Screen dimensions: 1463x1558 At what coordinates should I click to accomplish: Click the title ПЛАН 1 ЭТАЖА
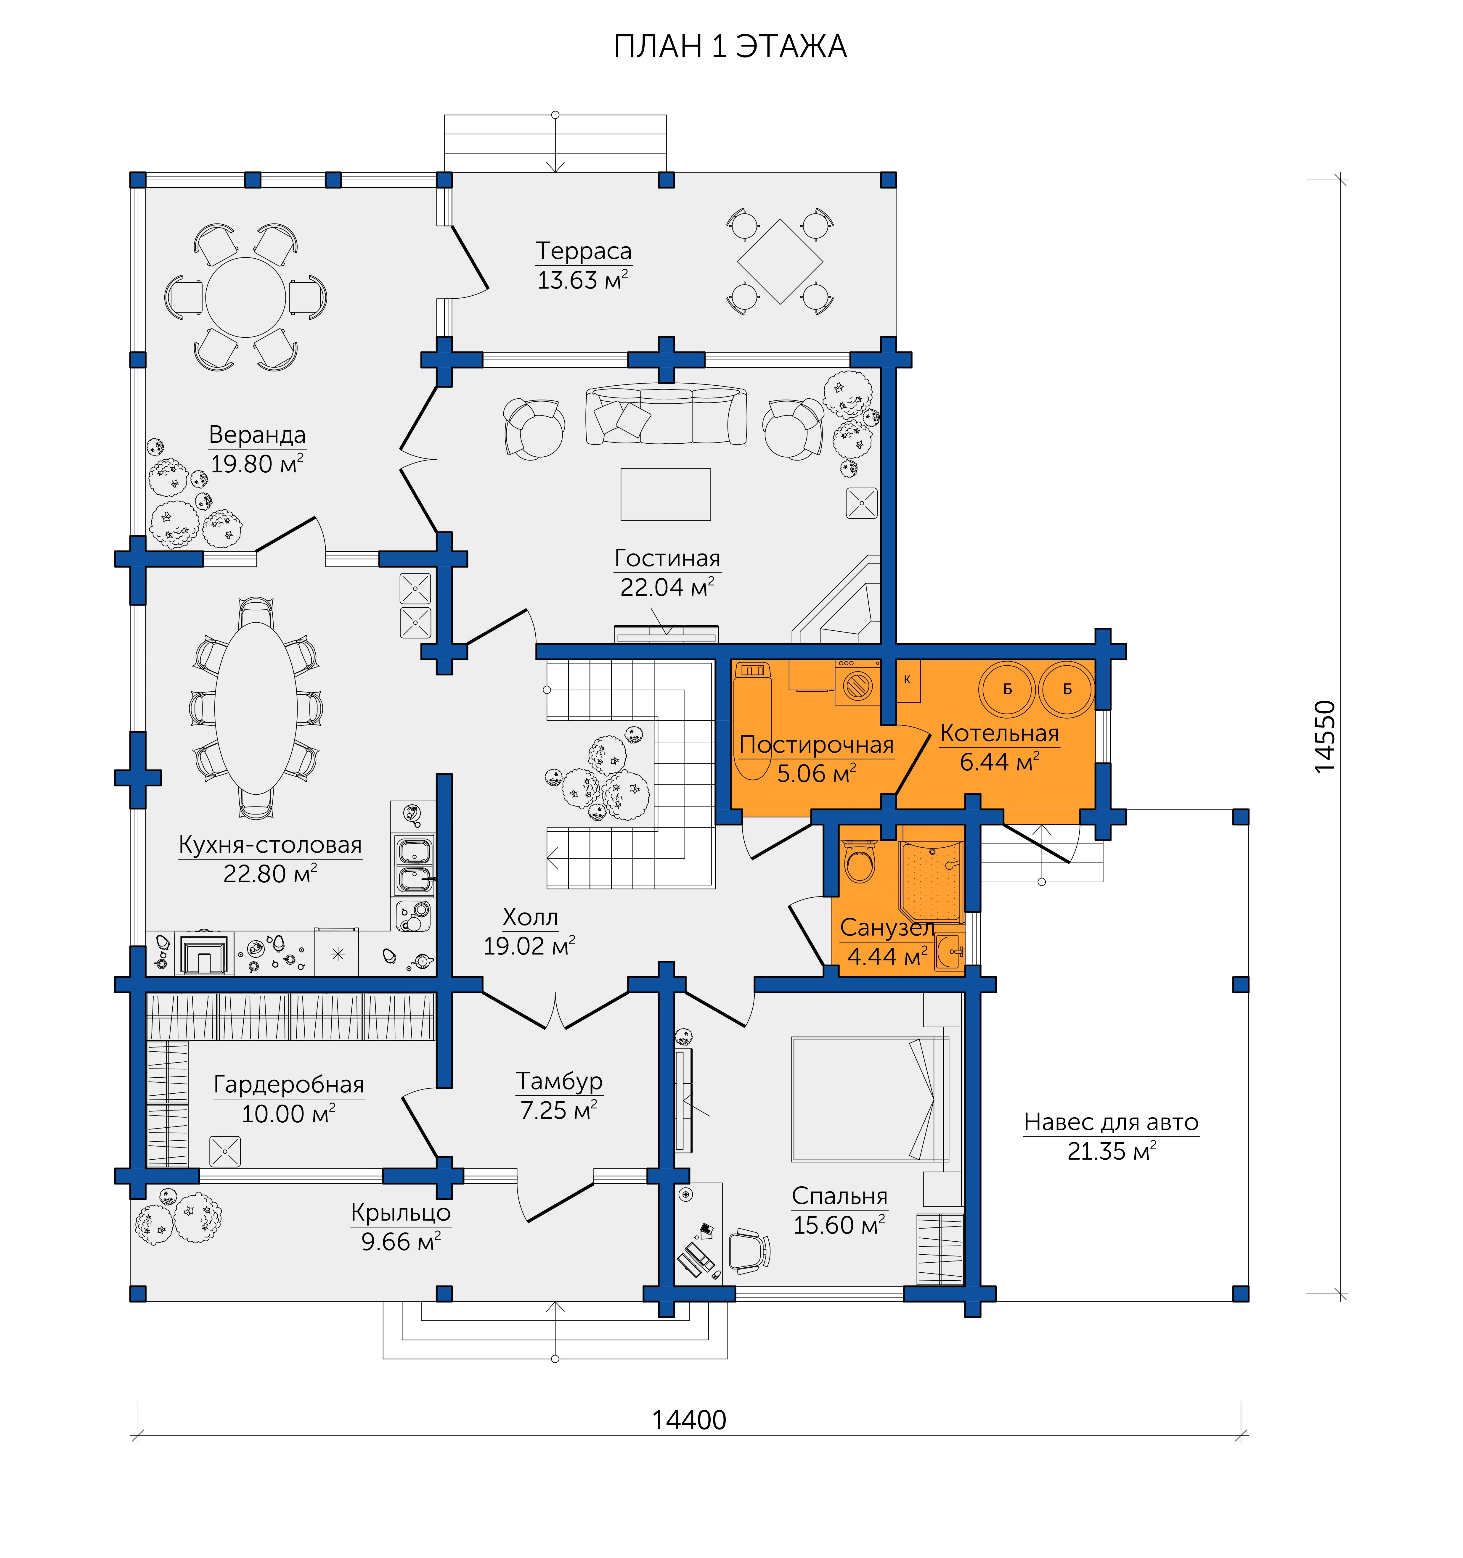[730, 47]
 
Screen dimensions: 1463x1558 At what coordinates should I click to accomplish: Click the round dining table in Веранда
[245, 298]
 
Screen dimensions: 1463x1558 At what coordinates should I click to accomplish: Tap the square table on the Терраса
[779, 261]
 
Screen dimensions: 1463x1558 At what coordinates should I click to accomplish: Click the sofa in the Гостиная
[666, 415]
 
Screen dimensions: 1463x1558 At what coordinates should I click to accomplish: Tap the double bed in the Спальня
[870, 1100]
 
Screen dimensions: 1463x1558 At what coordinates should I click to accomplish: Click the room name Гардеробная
[288, 1085]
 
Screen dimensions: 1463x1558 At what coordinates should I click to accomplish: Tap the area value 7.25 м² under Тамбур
[559, 1110]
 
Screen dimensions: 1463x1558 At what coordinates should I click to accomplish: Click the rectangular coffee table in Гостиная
[666, 495]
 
